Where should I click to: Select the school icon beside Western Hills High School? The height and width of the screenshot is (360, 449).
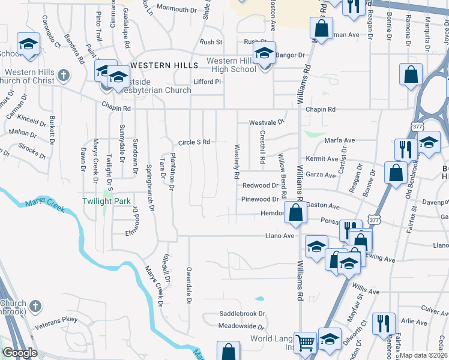coord(264,54)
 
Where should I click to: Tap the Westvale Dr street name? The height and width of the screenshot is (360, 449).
coord(267,122)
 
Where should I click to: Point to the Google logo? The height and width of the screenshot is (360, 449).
coord(20,353)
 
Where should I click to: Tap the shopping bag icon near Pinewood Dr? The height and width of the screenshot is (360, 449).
coord(295,212)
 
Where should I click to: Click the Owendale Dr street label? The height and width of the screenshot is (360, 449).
coord(188,285)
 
